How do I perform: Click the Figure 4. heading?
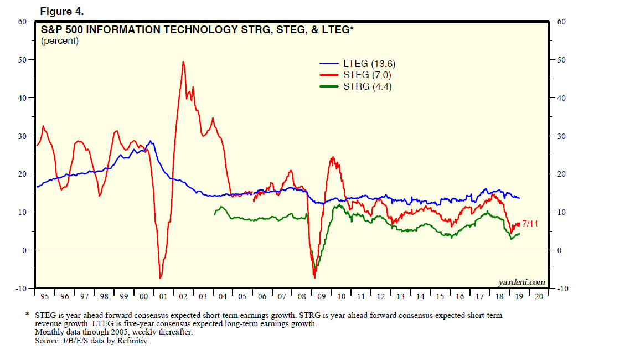(x=61, y=11)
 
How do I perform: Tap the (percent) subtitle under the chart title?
(x=60, y=41)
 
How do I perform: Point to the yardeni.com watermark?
(x=521, y=282)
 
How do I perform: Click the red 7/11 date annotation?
(x=530, y=224)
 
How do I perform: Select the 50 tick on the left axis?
(x=23, y=60)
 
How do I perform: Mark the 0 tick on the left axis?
(x=25, y=250)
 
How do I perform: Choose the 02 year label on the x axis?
(x=183, y=296)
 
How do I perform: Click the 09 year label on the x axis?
(x=322, y=296)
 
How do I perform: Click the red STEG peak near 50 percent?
(x=183, y=61)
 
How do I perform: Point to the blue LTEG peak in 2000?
(x=151, y=141)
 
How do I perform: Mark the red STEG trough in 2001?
(x=160, y=278)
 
